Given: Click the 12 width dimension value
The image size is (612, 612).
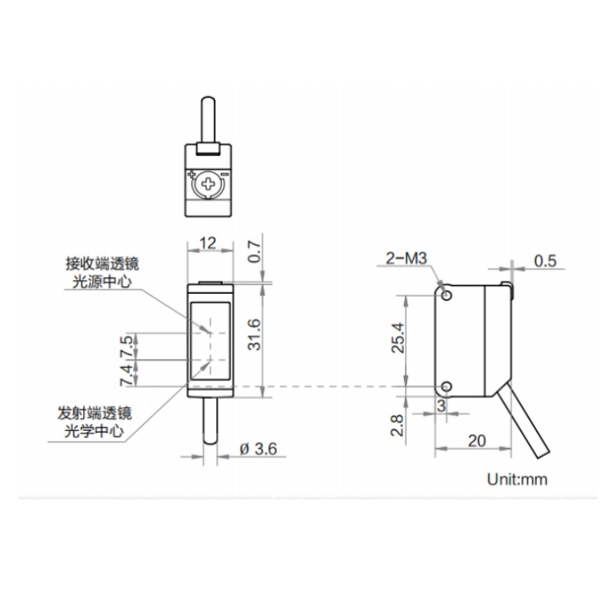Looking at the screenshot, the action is click(x=207, y=243).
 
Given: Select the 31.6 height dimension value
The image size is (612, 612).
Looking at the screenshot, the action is click(x=254, y=335).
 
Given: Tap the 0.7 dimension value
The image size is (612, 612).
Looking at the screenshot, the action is click(x=254, y=252).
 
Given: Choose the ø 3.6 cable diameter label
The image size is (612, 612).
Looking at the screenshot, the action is click(x=259, y=449).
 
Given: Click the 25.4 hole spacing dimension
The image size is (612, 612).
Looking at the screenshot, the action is click(x=398, y=338).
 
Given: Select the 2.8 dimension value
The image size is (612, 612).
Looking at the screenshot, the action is click(x=397, y=425).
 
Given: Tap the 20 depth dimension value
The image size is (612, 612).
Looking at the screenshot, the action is click(x=477, y=441).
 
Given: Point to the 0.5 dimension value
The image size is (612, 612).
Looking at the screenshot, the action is click(x=545, y=261).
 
